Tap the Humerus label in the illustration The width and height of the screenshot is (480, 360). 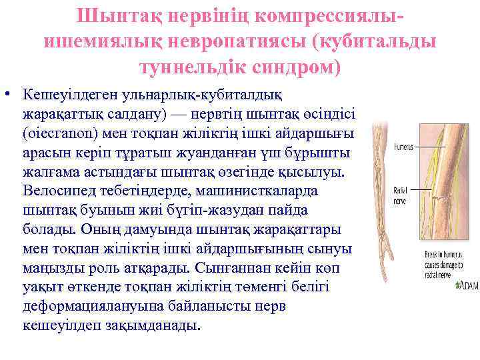(403, 145)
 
